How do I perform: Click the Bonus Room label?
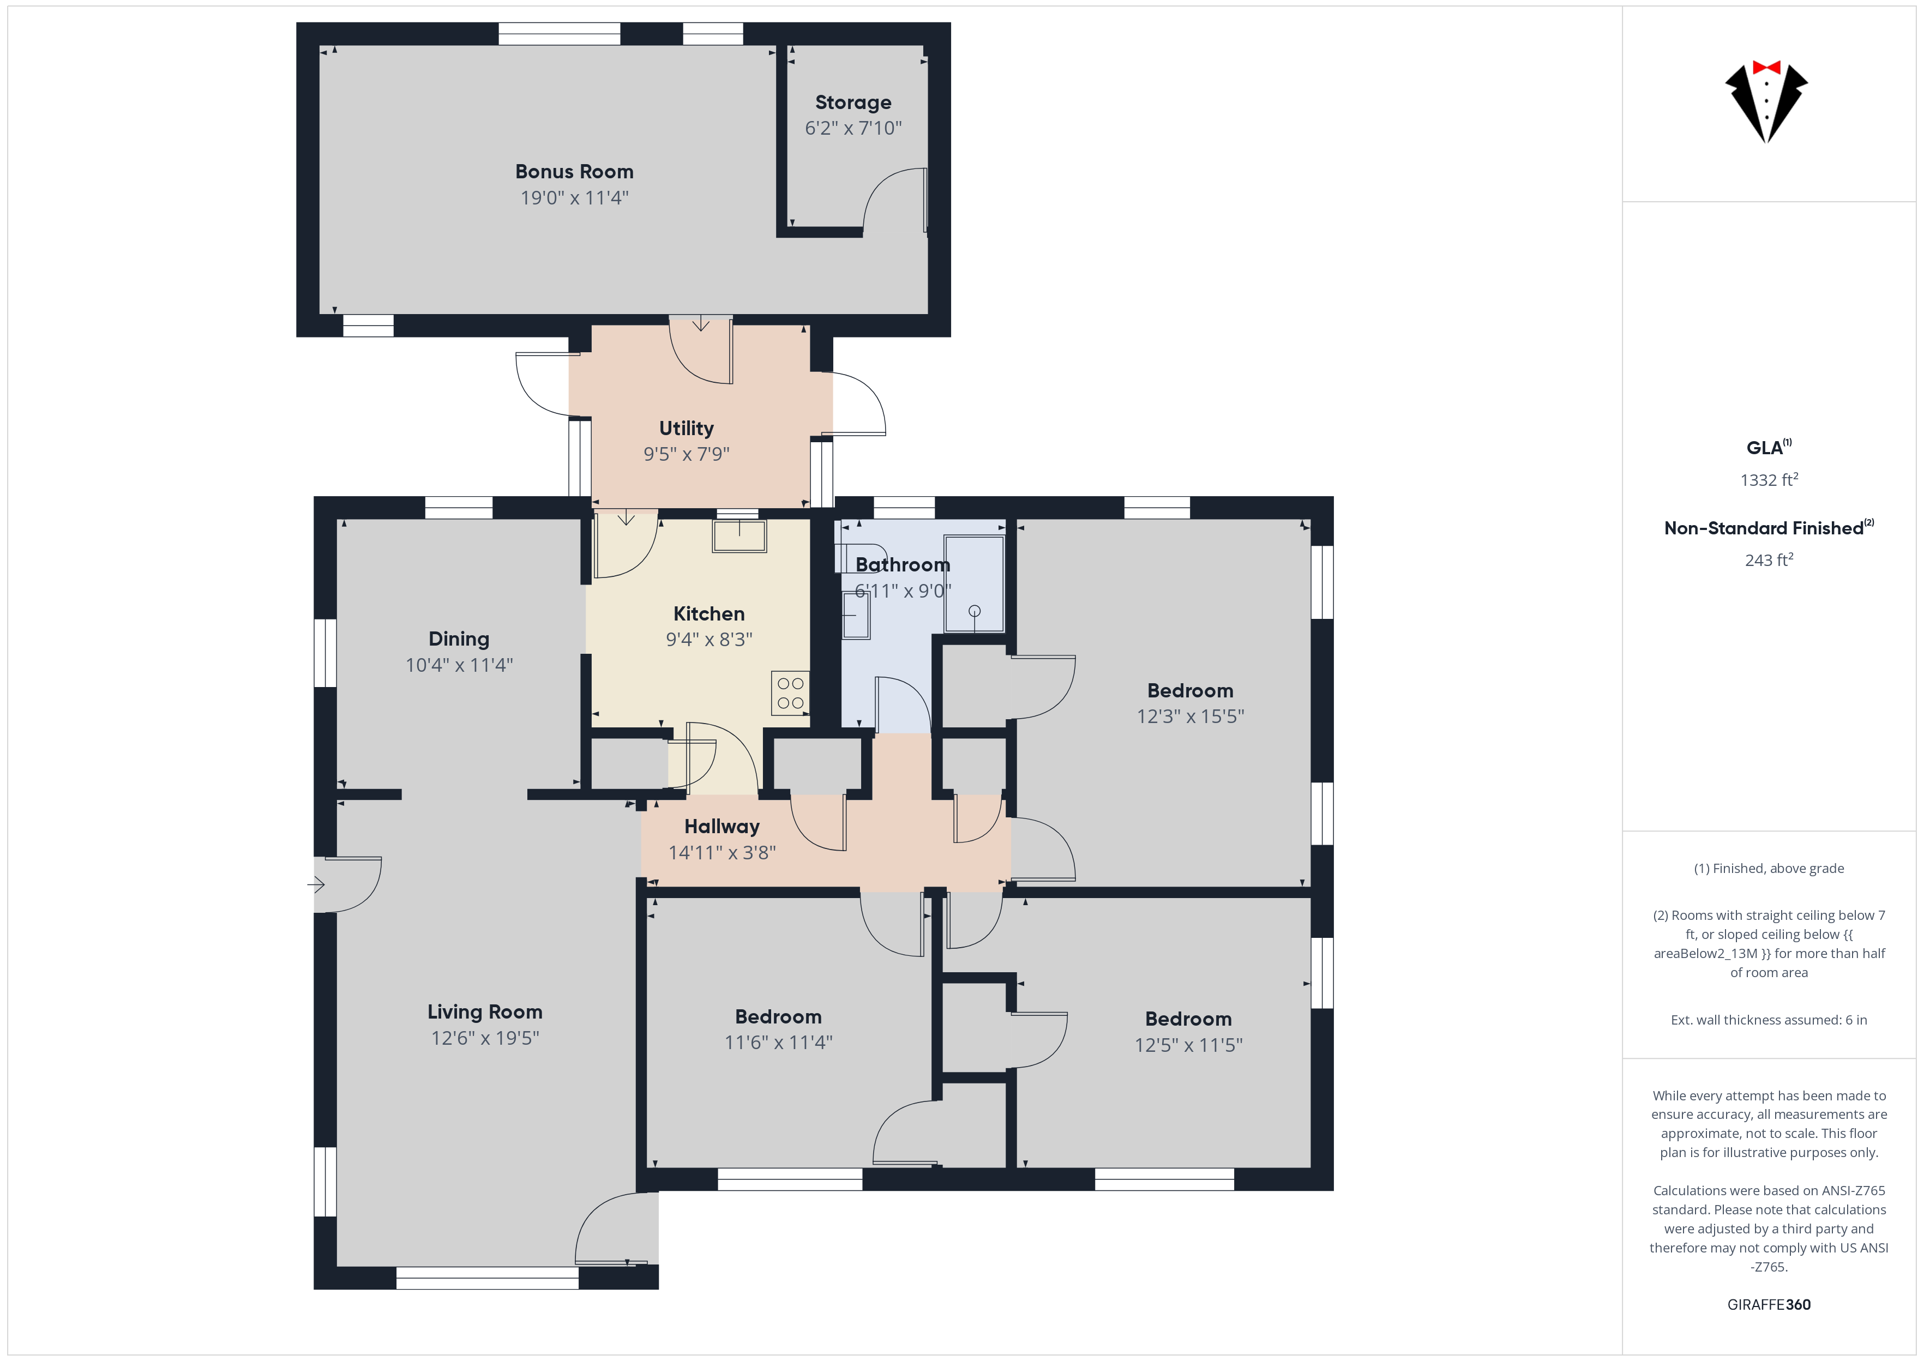[574, 172]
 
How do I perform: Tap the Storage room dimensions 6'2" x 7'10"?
[853, 128]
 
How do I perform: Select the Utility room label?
[686, 428]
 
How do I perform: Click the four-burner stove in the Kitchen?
[790, 693]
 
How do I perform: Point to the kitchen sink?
[739, 537]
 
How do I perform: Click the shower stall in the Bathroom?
[974, 583]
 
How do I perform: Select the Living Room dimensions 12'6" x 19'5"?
[485, 1038]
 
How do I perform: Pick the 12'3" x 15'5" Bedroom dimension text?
[1190, 716]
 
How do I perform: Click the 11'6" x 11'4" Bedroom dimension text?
[778, 1043]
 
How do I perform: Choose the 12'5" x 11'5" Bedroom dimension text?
[1188, 1045]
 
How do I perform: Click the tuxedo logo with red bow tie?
[1766, 100]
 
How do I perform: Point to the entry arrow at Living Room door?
[316, 884]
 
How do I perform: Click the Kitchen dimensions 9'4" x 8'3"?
[709, 640]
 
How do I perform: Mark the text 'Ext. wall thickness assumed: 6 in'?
[1769, 1020]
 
